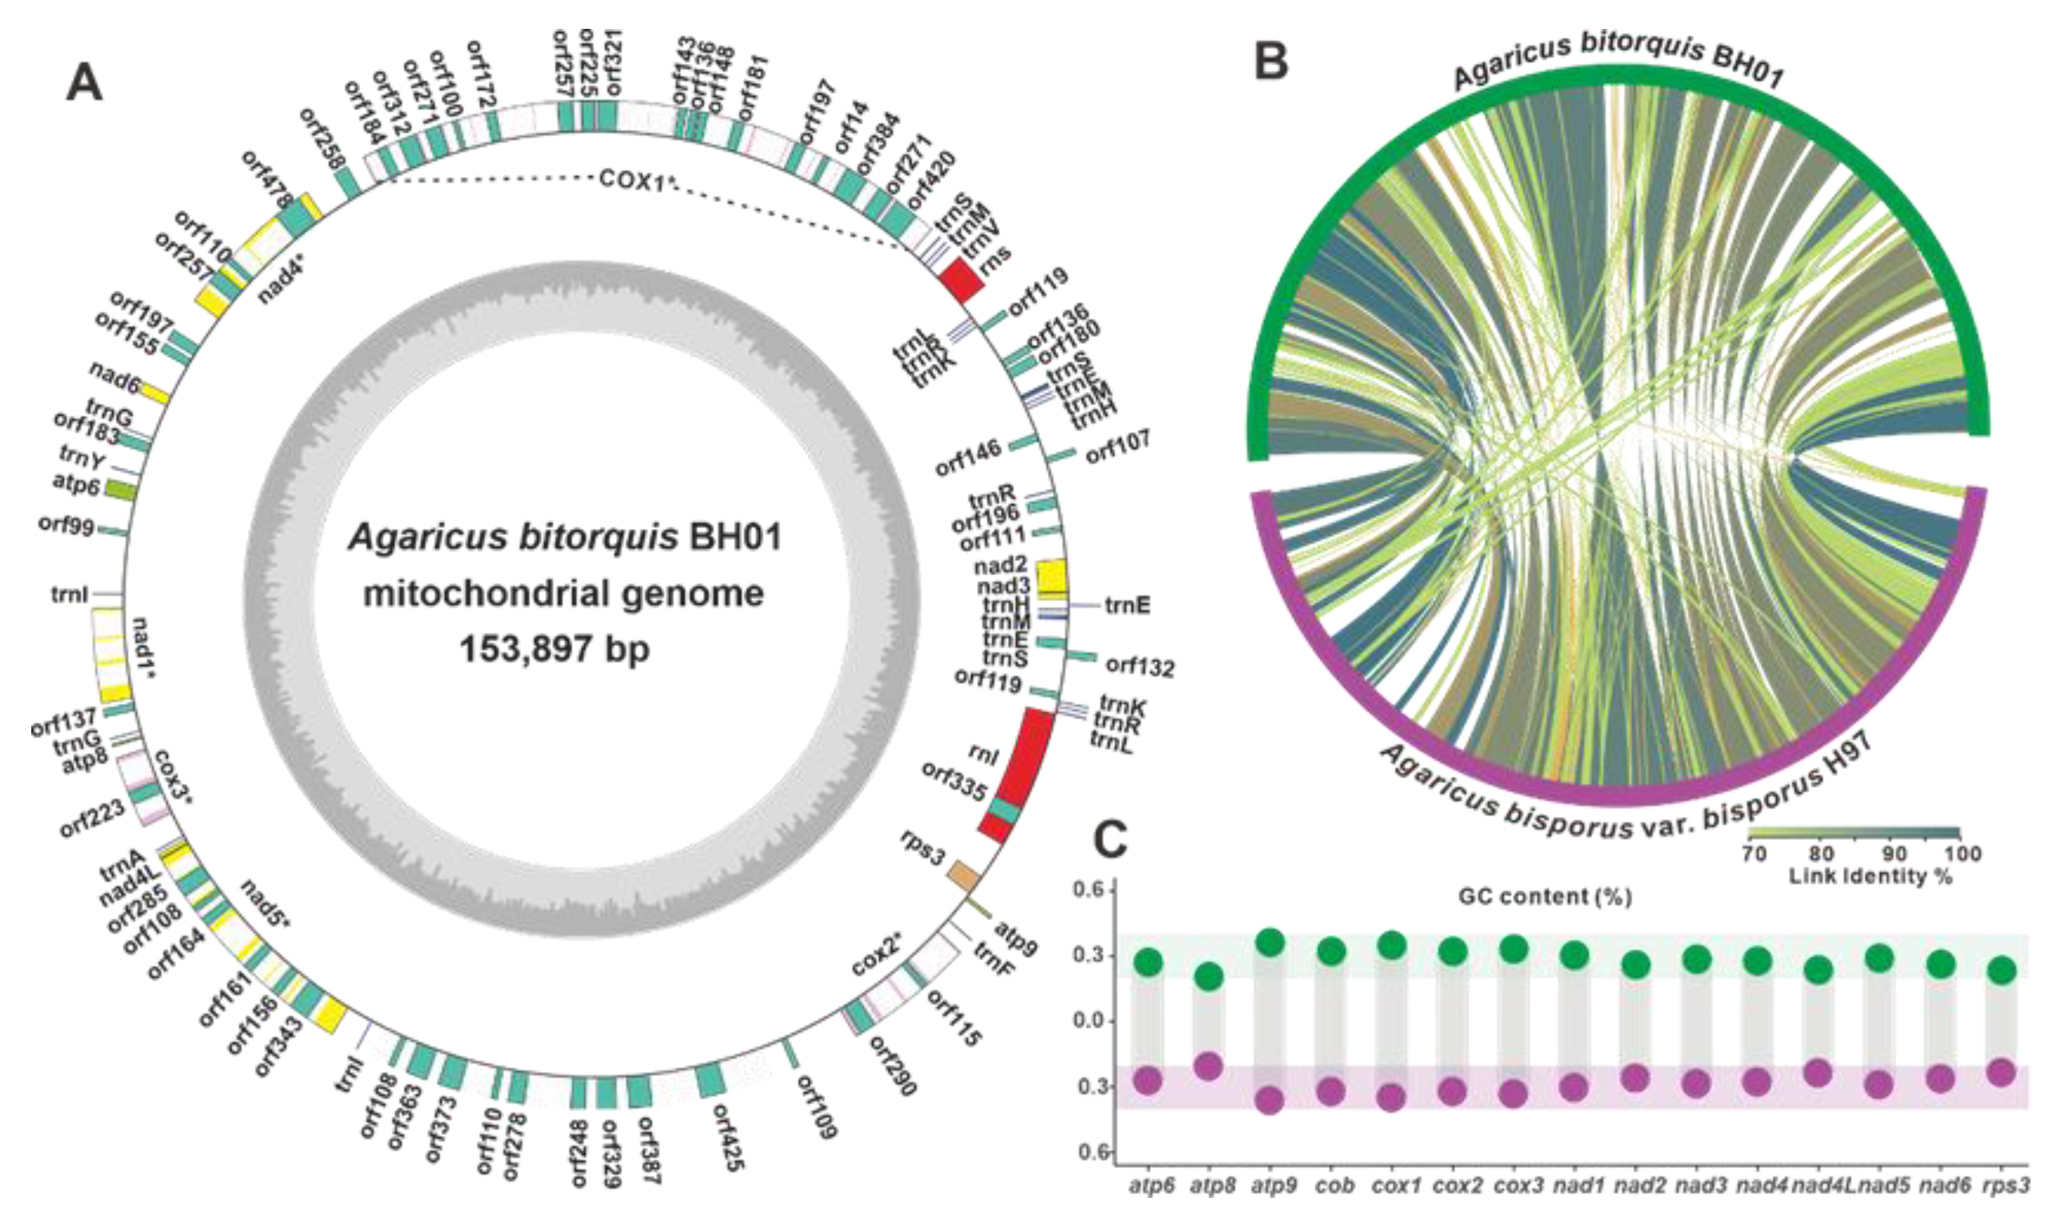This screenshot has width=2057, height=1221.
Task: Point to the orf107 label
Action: point(1118,447)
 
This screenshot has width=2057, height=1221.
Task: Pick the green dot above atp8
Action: point(1208,977)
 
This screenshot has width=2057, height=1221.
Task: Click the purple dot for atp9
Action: point(1270,1099)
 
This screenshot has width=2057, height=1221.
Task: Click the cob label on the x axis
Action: point(1334,1186)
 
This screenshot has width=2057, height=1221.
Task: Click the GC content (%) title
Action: point(1544,896)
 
